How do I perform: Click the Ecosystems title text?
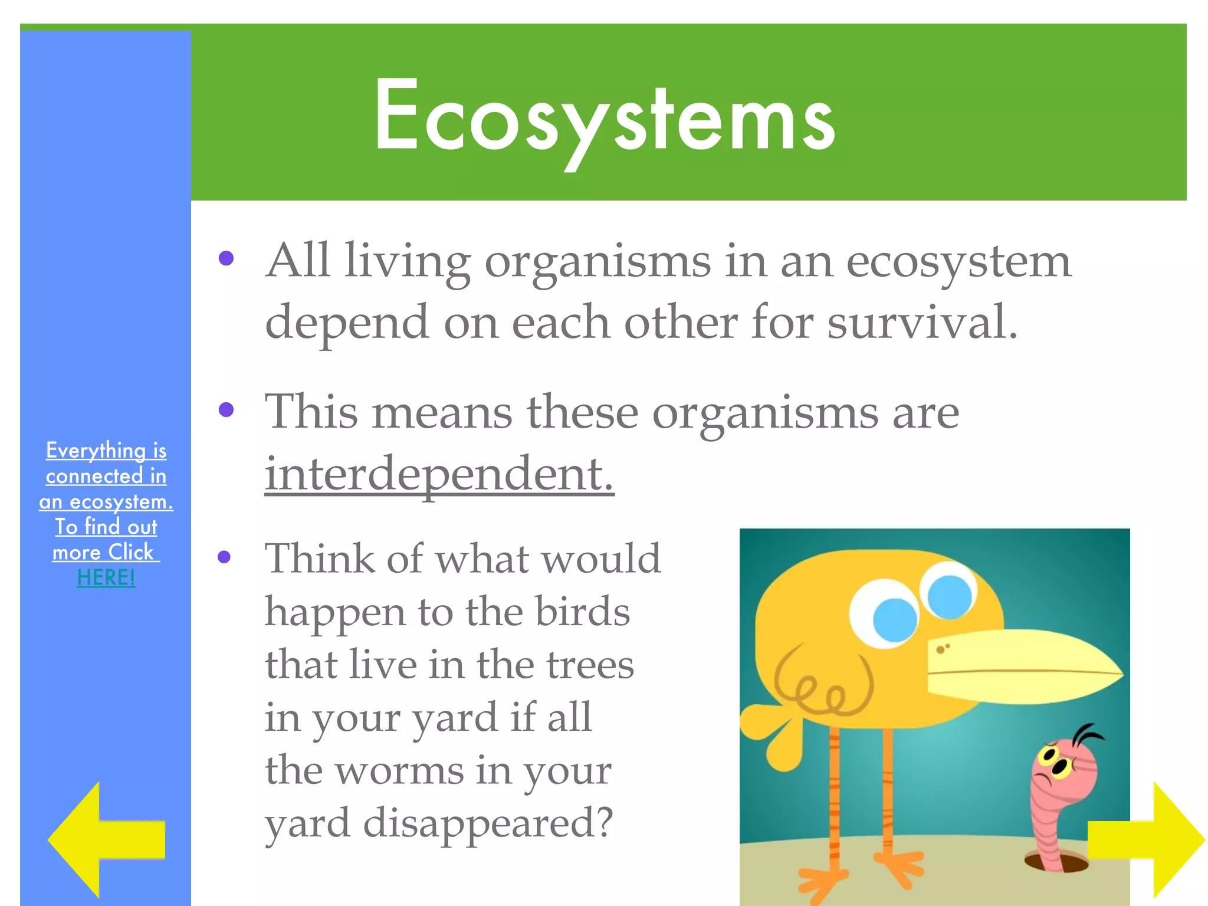click(x=604, y=118)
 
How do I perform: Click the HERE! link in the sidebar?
click(x=106, y=577)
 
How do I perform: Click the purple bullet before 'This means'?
click(x=226, y=409)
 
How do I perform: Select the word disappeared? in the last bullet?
click(x=488, y=823)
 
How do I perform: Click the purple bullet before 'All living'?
click(x=226, y=258)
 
